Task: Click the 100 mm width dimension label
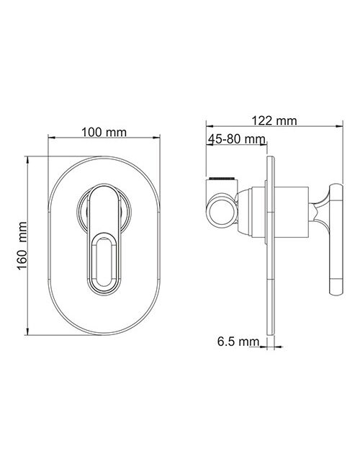(x=104, y=132)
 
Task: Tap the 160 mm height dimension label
(x=22, y=246)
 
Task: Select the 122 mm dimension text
(x=274, y=121)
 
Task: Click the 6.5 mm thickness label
(x=238, y=342)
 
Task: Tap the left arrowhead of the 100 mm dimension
(x=52, y=138)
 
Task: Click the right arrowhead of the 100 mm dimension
(x=156, y=138)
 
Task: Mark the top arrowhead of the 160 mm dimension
(x=27, y=160)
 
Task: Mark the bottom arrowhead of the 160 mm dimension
(x=27, y=331)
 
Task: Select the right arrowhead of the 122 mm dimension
(x=339, y=126)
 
